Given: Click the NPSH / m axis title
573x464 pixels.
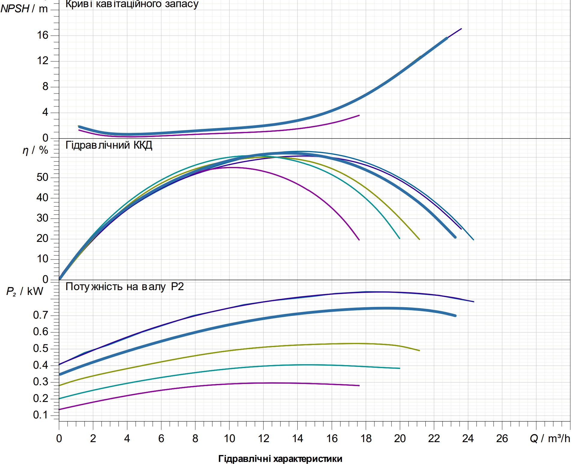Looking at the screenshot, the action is coord(24,9).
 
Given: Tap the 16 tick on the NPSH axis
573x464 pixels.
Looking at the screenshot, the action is coord(43,35).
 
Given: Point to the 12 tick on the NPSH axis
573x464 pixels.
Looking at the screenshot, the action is coord(43,61).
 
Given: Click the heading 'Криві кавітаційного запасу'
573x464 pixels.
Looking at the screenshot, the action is coord(132,4).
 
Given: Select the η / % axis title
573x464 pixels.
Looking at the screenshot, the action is coord(35,150).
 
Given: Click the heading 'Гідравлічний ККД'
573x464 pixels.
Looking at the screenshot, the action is coord(109,145).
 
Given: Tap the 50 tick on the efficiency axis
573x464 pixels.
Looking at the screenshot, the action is coord(43,177).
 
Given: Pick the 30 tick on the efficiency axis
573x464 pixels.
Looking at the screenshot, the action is coord(43,218).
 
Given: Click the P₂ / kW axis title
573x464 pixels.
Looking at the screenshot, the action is coord(25,291).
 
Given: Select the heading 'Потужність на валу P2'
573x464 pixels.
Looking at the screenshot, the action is coord(124,287).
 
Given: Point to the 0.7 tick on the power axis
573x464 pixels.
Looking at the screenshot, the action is coord(40,315).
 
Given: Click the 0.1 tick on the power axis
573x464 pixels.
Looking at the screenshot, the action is coord(40,415).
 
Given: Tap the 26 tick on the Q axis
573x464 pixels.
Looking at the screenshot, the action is coord(502,439).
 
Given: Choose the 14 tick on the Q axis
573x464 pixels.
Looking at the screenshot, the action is coord(298,439).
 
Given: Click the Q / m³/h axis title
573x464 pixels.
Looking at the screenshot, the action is coord(550,439).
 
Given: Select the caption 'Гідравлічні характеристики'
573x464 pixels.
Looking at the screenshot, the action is coord(280,459).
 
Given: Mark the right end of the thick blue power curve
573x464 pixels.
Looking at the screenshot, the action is coord(455,316).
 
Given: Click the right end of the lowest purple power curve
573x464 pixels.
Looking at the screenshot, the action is coord(359,385).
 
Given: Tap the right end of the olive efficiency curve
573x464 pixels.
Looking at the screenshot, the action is coord(419,239).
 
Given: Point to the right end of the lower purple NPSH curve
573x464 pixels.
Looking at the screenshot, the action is coord(359,115).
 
